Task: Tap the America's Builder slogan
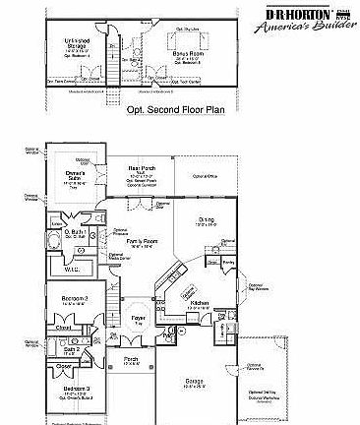pos(307,31)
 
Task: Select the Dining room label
pos(205,221)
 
